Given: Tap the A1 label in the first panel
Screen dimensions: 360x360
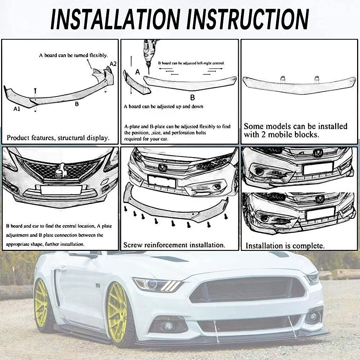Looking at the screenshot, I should click(x=17, y=108).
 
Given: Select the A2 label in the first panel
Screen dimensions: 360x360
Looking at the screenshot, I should click(x=113, y=64).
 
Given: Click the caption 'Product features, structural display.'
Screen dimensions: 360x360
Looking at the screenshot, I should click(x=58, y=138).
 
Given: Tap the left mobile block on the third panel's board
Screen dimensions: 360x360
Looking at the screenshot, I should click(x=283, y=79).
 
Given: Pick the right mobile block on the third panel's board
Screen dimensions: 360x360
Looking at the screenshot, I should click(x=316, y=79).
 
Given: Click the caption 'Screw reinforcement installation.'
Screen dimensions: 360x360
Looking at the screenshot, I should click(x=174, y=245).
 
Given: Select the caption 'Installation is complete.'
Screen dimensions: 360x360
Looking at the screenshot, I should click(x=285, y=246).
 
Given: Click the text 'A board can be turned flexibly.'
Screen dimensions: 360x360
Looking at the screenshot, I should click(x=73, y=55).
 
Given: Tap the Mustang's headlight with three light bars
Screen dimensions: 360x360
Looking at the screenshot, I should click(x=158, y=285).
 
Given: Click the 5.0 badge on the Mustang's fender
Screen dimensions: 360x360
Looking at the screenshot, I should click(x=98, y=286).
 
